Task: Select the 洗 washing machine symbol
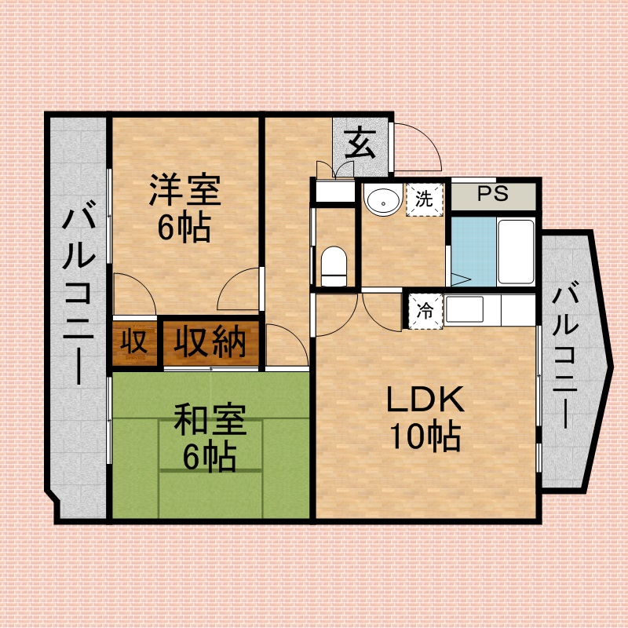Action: point(424,199)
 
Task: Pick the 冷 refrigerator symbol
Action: point(425,310)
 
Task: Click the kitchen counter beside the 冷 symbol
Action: point(491,310)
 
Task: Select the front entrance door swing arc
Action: point(420,145)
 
